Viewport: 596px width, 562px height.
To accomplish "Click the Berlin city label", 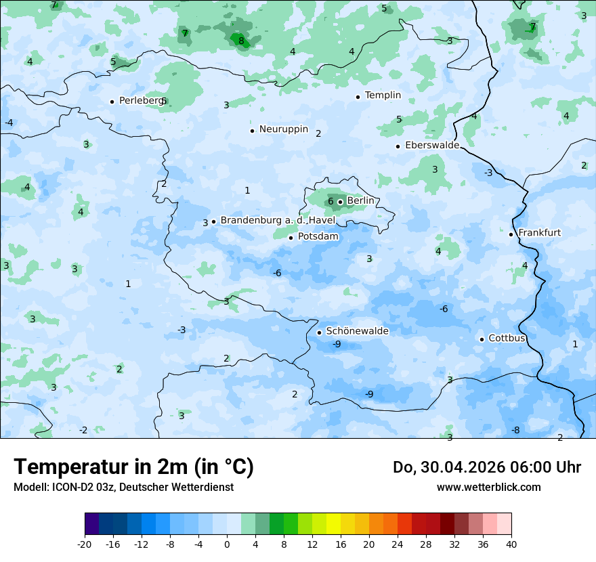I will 360,201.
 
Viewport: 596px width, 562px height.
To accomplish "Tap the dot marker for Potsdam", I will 291,237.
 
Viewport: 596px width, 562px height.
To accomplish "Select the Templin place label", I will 383,95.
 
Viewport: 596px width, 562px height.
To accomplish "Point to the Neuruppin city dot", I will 252,131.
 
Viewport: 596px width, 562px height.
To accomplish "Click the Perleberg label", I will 141,101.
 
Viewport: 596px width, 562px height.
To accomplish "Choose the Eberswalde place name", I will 432,146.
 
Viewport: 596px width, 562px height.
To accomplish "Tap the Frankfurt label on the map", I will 539,233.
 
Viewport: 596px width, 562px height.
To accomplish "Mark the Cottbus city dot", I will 482,339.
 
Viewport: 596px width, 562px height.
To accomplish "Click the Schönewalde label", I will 357,331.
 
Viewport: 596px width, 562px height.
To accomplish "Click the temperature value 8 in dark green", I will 241,41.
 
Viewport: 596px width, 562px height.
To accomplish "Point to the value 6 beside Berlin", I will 331,201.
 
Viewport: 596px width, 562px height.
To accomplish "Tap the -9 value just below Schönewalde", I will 337,344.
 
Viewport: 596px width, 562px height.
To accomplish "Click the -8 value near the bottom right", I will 515,430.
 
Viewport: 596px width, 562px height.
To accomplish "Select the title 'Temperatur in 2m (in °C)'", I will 133,467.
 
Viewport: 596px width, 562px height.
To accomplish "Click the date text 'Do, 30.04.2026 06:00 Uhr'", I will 487,467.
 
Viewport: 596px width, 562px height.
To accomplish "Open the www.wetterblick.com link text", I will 488,487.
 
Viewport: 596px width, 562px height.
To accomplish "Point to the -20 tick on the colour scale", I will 85,544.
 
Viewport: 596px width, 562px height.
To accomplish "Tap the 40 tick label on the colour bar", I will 511,544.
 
